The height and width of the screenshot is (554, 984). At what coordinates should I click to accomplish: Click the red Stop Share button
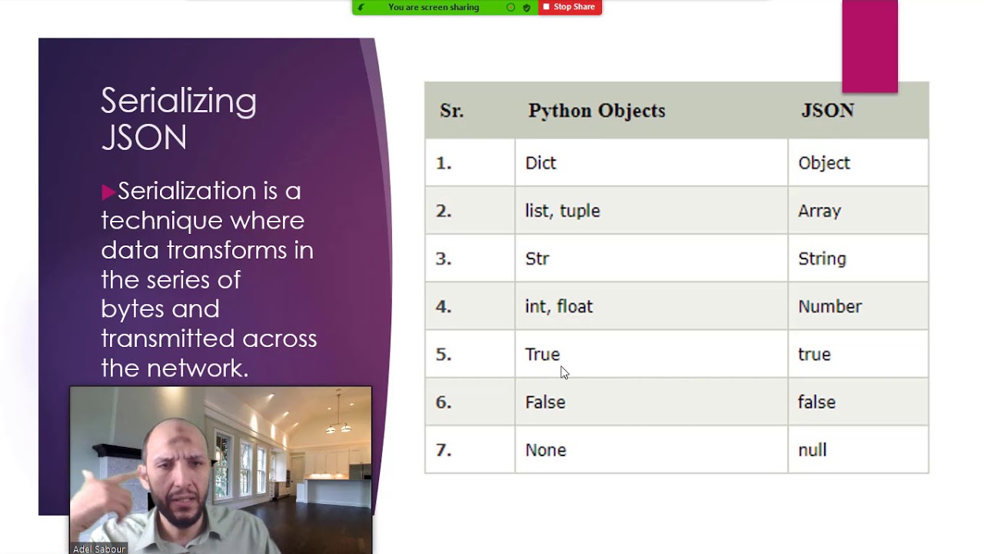570,7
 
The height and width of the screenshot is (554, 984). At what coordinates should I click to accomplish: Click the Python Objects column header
597,111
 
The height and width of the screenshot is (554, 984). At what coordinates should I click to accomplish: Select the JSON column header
827,111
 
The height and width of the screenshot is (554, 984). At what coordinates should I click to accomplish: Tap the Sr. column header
451,111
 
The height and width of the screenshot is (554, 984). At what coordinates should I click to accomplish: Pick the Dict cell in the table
540,163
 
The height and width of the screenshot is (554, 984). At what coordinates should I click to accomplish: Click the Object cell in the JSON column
824,163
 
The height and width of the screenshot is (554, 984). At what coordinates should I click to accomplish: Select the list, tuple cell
562,211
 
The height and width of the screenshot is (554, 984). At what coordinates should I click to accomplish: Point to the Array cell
819,211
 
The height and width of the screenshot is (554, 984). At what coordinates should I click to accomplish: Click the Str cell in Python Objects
537,259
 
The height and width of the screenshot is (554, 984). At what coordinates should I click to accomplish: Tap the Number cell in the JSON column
829,306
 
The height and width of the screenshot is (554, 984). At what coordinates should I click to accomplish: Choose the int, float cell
559,306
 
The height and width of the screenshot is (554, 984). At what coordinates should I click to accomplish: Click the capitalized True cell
542,354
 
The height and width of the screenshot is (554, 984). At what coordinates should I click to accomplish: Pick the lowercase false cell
816,402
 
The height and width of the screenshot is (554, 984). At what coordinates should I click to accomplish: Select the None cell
545,449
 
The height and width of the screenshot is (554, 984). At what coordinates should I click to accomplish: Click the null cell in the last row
812,449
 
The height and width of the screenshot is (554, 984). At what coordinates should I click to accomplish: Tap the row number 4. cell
444,306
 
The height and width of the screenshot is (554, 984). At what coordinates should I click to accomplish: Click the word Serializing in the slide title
178,102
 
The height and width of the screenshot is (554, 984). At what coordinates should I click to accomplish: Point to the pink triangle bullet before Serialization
108,192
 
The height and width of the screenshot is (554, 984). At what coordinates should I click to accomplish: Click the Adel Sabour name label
98,549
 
